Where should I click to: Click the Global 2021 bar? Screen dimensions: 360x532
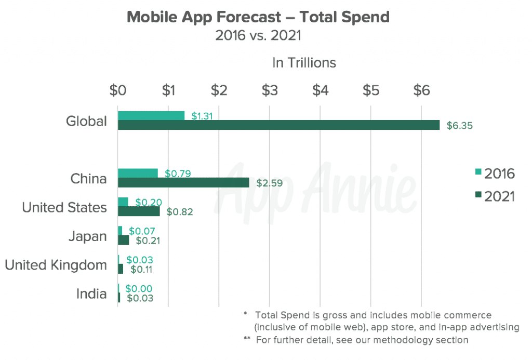(278, 125)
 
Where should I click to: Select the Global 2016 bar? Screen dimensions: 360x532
(151, 116)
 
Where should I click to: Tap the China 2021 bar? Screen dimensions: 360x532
(183, 183)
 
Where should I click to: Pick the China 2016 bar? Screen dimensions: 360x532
(138, 174)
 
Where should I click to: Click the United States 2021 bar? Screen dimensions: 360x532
(139, 211)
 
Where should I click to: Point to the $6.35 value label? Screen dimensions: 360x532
(459, 126)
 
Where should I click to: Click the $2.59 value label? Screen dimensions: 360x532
(269, 183)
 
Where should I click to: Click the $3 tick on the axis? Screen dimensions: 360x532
(269, 90)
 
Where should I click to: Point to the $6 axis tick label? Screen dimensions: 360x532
(421, 90)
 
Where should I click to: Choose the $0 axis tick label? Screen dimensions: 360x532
(118, 90)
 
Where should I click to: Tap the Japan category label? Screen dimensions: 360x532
(87, 236)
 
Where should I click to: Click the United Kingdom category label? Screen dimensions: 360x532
(56, 265)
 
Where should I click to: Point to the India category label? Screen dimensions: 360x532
(91, 294)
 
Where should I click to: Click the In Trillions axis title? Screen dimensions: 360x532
(304, 63)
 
